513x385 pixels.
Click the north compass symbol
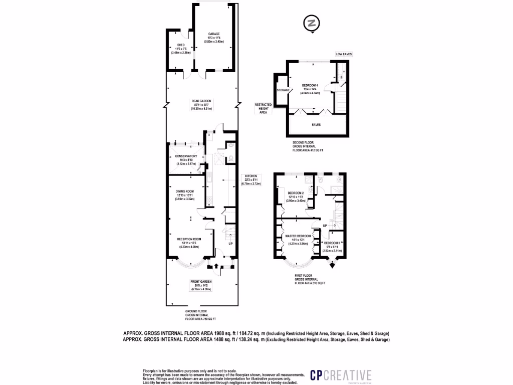(x=312, y=23)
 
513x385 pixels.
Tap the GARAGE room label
(x=214, y=34)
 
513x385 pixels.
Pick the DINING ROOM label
(x=184, y=191)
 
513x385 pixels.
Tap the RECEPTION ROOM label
(x=189, y=239)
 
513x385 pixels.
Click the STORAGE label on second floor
(x=283, y=90)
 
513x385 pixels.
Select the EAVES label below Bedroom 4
(x=316, y=124)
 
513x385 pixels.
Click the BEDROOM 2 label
(x=296, y=192)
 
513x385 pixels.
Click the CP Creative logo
(x=341, y=375)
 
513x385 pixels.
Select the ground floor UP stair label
(x=230, y=244)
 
